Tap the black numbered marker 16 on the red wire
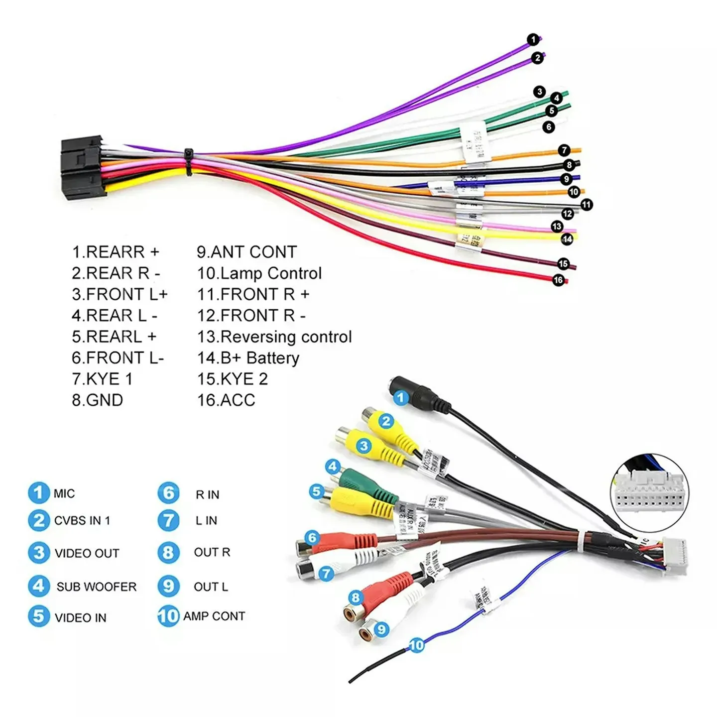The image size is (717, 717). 558,280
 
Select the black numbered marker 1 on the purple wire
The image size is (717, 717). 533,39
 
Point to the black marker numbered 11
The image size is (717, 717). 587,204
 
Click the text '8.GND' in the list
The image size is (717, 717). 98,400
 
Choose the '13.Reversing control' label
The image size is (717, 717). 274,337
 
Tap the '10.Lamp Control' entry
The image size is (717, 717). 259,273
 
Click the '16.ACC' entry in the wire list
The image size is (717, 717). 226,400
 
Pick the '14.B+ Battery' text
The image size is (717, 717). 248,358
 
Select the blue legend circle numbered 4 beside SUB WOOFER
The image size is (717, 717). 39,586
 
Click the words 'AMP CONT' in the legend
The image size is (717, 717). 214,616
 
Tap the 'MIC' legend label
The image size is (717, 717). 64,493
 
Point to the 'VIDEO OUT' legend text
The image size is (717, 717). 87,553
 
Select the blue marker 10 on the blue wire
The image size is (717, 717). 416,645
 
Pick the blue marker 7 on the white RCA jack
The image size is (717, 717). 326,574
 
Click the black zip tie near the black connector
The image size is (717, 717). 189,161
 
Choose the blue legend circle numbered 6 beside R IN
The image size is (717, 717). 168,493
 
